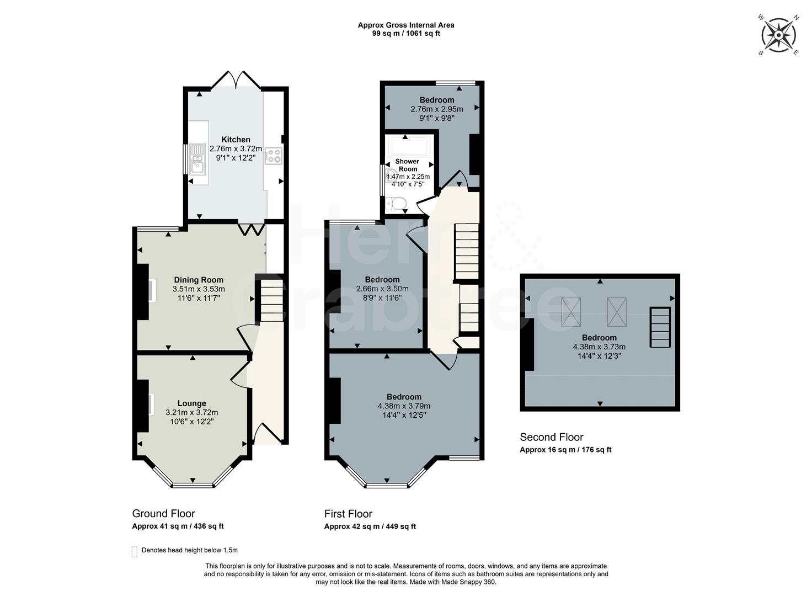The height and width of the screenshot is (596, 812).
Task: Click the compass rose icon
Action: (x=778, y=35)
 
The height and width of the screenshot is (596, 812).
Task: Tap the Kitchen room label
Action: (x=236, y=140)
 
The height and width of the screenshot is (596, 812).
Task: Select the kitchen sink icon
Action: (x=197, y=158)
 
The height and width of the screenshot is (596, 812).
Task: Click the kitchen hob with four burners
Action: (x=274, y=156)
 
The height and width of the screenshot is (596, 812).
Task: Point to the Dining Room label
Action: (x=199, y=280)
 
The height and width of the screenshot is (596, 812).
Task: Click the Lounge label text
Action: (x=191, y=403)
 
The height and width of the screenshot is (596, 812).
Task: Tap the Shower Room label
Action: (x=408, y=165)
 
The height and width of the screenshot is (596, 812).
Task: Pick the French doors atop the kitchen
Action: (x=236, y=81)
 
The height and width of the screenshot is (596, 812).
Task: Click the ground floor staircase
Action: (x=271, y=301)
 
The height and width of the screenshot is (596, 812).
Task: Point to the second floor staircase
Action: (x=660, y=327)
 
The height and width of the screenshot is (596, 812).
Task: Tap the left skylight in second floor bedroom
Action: (x=571, y=312)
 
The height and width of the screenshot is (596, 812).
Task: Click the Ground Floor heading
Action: (x=163, y=514)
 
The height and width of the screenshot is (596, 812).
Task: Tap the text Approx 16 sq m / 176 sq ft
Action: (x=565, y=450)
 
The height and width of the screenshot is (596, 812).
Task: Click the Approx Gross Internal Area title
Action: (x=406, y=25)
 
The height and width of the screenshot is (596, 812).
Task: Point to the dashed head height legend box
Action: (x=135, y=551)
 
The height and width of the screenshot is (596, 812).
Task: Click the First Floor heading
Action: (x=348, y=514)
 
